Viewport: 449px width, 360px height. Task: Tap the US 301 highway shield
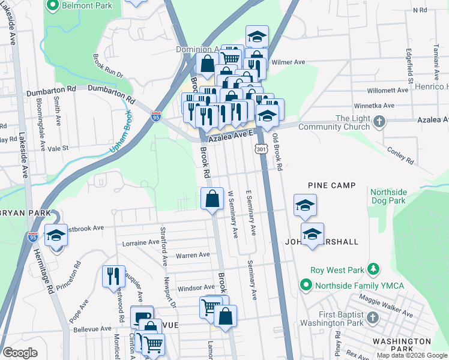click(x=261, y=148)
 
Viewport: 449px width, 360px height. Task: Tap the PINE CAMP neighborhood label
click(x=332, y=186)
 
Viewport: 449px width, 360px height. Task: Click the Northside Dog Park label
click(x=388, y=196)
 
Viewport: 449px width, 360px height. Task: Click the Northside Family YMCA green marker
click(x=307, y=284)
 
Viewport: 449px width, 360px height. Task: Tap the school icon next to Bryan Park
click(x=56, y=235)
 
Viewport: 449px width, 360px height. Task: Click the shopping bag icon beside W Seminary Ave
click(x=212, y=199)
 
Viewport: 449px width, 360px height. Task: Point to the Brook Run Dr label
click(x=107, y=67)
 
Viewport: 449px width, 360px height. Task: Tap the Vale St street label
click(x=59, y=148)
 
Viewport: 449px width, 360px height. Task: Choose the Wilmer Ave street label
click(x=288, y=62)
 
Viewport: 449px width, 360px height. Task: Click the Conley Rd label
click(x=400, y=156)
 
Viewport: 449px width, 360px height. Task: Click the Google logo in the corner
click(x=20, y=353)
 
